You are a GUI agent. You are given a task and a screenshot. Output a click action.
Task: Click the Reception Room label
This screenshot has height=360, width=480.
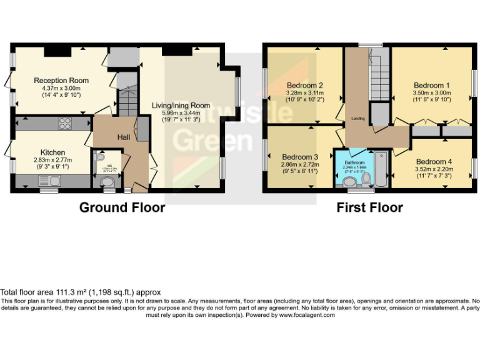(x=61, y=81)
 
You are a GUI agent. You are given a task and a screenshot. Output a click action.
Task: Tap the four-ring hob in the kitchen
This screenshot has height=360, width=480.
(x=66, y=124)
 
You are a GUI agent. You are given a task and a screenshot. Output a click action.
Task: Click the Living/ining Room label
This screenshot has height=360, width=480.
(x=181, y=105)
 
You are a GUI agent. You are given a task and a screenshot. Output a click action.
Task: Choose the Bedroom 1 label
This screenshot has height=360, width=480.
(x=432, y=85)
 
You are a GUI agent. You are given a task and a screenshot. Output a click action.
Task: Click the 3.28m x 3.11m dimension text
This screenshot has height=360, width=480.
(x=304, y=93)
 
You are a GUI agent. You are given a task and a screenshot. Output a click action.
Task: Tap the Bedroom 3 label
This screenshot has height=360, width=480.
(x=300, y=157)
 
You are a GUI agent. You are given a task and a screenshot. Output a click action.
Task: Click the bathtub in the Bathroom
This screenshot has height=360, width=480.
(x=381, y=167)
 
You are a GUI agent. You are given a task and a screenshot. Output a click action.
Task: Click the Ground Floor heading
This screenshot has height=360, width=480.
(x=122, y=207)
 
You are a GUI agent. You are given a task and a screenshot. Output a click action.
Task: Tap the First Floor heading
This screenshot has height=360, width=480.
(x=369, y=207)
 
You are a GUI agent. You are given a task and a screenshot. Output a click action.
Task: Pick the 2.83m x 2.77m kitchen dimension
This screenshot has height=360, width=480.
(x=52, y=160)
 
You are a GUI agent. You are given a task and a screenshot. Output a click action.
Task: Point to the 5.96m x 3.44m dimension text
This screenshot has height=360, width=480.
(x=181, y=112)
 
